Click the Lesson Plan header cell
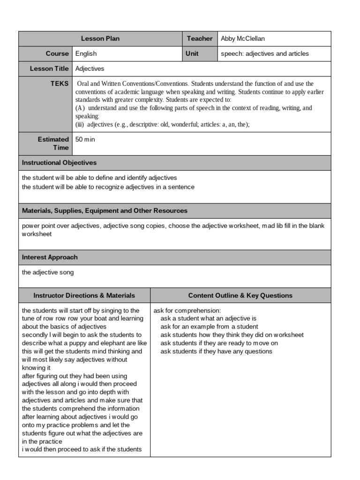click(x=100, y=39)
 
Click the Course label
click(x=57, y=54)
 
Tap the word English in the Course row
click(x=86, y=54)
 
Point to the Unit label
click(x=192, y=54)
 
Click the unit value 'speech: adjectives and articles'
click(x=265, y=54)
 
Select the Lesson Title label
click(x=49, y=69)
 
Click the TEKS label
click(x=60, y=84)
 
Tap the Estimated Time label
click(x=53, y=143)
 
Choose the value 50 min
click(x=85, y=140)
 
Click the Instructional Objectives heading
click(x=60, y=163)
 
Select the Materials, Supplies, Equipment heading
click(x=105, y=211)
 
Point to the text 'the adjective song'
click(x=48, y=272)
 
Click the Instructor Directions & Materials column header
click(x=84, y=295)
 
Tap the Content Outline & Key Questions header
click(x=240, y=295)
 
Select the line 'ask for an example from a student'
click(x=209, y=327)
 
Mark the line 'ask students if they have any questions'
click(x=216, y=352)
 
